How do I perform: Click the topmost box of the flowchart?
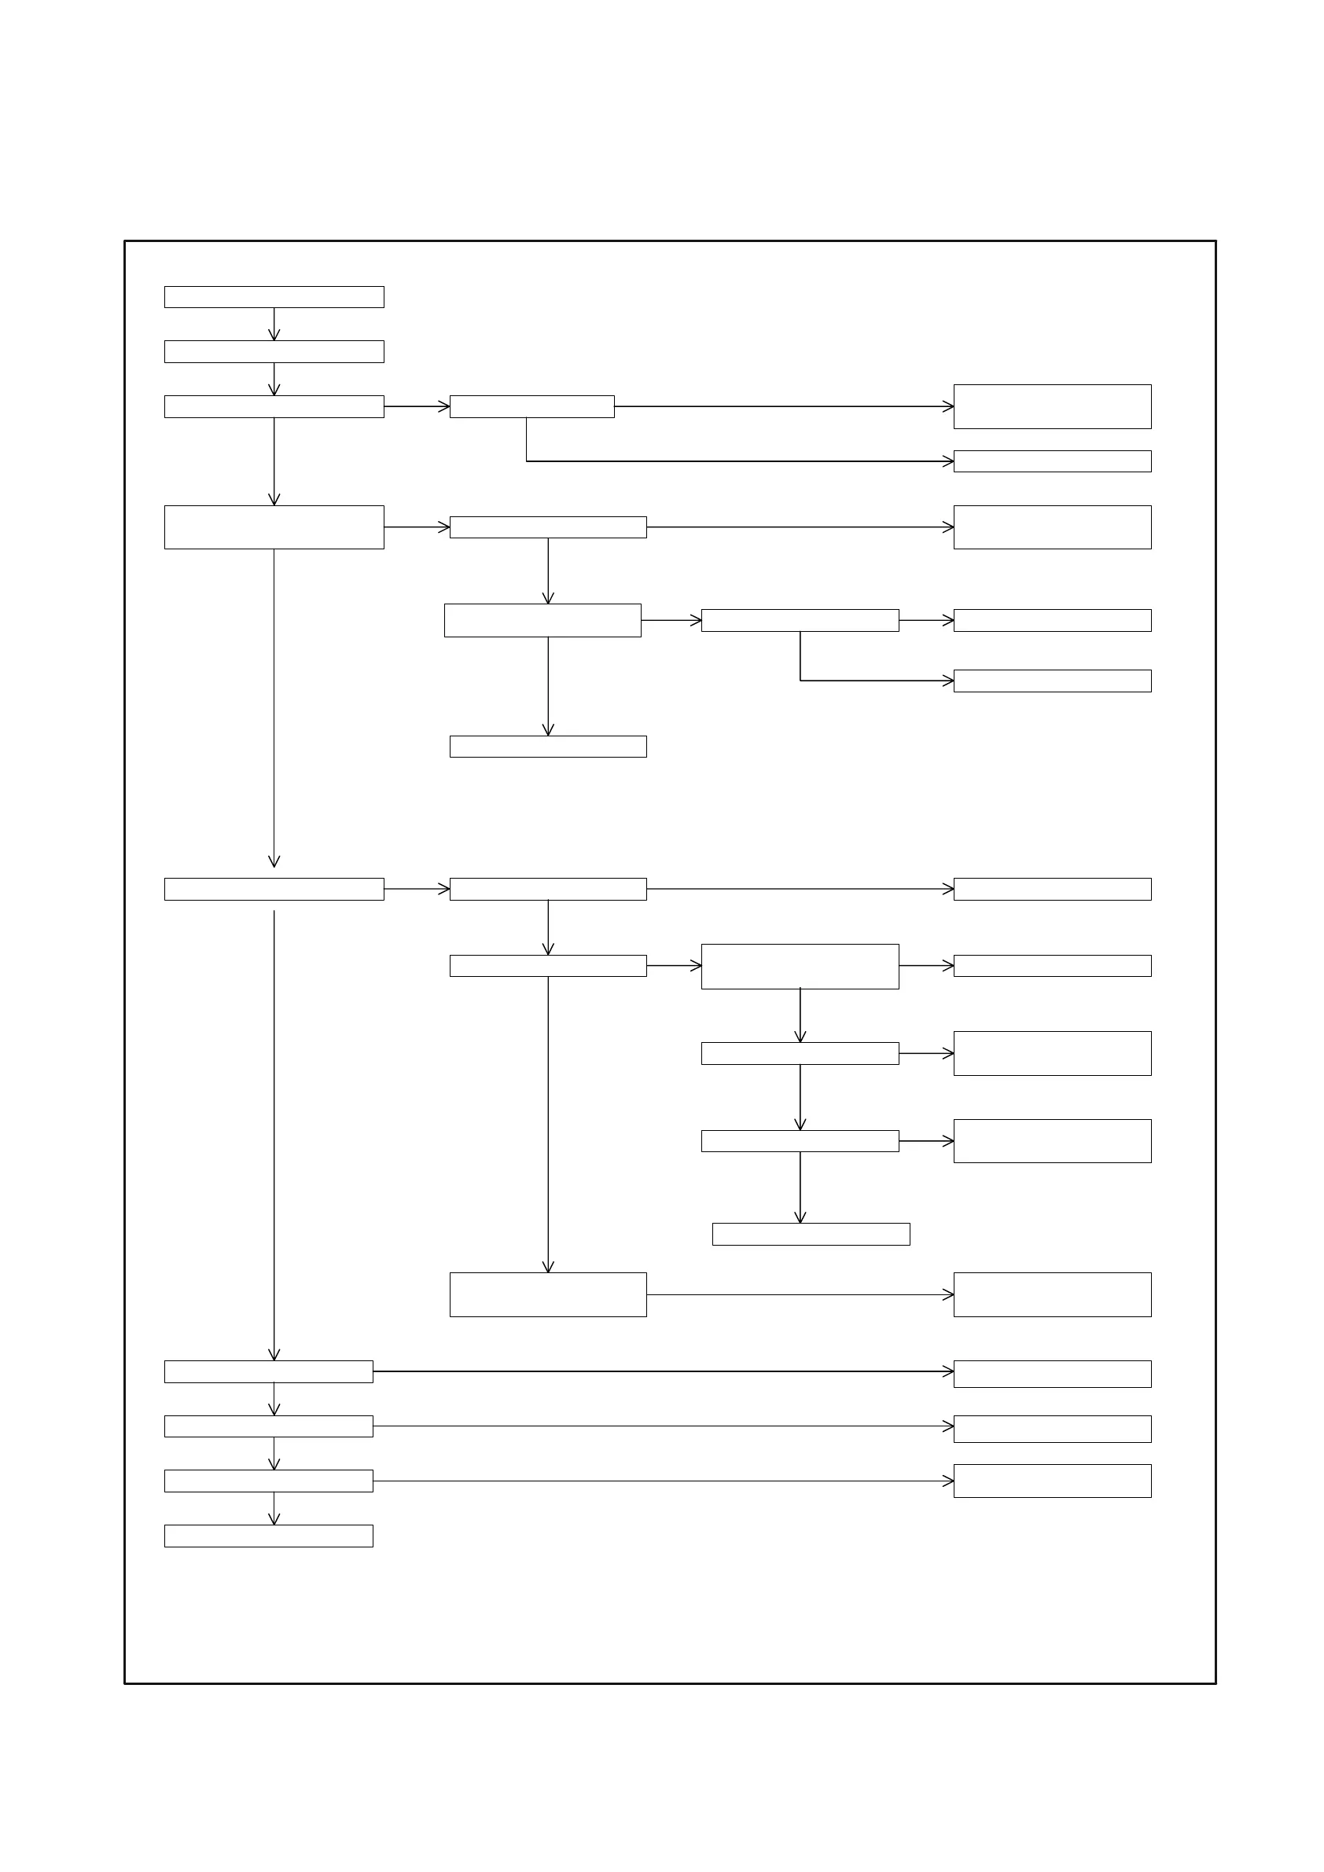274,297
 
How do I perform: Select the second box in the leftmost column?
274,351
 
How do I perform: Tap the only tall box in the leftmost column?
274,527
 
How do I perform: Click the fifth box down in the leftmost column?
274,889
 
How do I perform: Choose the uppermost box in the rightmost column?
1052,406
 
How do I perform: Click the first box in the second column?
532,406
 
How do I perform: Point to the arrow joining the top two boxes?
274,324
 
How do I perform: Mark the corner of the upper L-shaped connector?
526,461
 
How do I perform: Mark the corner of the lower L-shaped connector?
800,680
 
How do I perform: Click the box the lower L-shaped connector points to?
1052,681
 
